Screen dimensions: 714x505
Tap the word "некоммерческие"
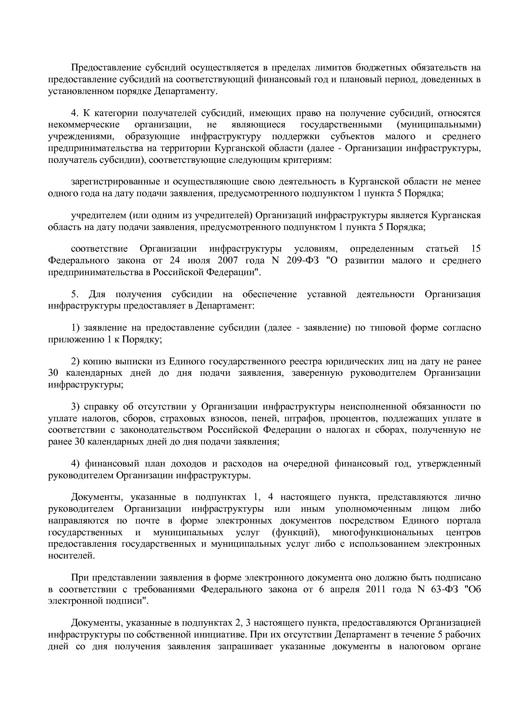tap(83, 125)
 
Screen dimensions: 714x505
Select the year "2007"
tap(228, 261)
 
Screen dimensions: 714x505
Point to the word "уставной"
tap(327, 294)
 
